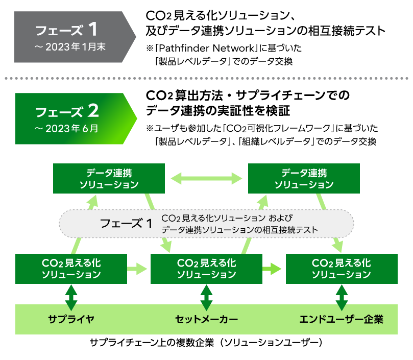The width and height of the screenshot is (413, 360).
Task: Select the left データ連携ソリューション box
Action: [109, 178]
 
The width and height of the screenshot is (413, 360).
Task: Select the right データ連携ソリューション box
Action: [304, 178]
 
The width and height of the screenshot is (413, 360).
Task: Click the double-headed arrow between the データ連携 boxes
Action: [206, 178]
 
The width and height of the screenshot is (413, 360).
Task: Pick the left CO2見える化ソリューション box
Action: [71, 269]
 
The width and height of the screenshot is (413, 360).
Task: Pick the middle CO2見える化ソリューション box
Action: [206, 269]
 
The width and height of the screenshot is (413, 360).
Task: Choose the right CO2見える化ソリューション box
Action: [341, 269]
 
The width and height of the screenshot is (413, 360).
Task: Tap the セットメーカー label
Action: [206, 320]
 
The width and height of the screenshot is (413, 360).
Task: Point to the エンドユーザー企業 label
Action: [341, 320]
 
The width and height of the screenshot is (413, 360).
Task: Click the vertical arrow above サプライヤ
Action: [71, 295]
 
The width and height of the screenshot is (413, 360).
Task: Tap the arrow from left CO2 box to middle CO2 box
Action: [136, 268]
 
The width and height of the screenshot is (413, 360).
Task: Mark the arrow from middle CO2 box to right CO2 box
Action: [272, 268]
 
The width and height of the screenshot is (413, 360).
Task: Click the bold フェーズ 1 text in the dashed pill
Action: [126, 223]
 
